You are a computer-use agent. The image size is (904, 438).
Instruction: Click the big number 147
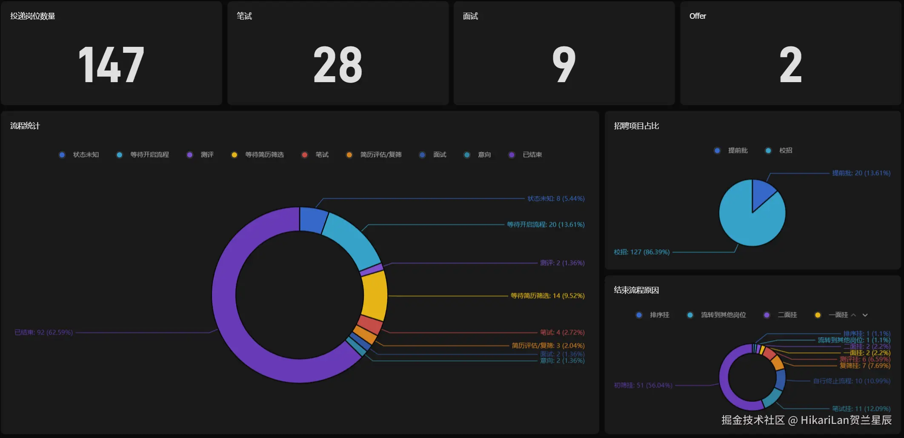pos(111,65)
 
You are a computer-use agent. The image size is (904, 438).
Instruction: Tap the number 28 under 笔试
pos(338,65)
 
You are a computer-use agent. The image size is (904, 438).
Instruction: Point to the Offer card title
pos(698,16)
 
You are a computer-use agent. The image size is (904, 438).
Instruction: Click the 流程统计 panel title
pos(25,126)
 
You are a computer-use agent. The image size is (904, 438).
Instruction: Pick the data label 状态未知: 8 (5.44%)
pos(556,199)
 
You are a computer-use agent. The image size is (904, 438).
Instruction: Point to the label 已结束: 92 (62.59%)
pos(44,332)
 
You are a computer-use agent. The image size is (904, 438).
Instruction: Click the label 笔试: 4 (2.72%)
pos(562,332)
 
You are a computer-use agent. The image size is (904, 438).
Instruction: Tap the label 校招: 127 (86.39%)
pos(641,252)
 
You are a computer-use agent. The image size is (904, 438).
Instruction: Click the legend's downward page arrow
pos(865,315)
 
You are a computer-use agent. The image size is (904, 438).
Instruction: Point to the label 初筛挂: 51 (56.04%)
pos(643,386)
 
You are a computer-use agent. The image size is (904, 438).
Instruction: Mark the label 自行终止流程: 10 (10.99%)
pos(852,381)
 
